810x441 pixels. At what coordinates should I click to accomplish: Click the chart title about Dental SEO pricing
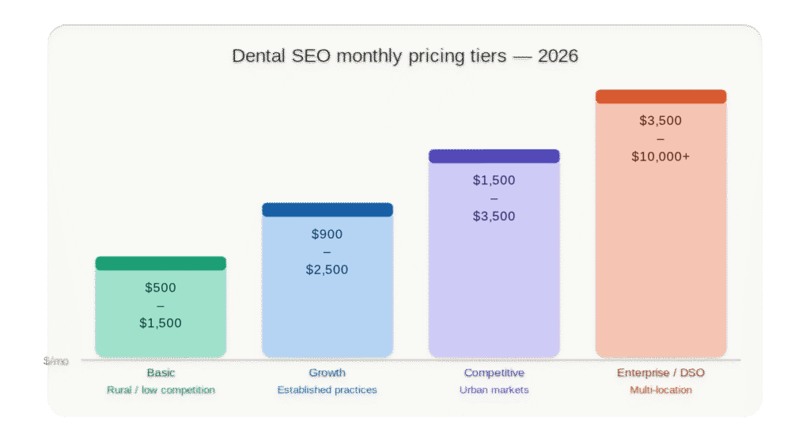tap(404, 56)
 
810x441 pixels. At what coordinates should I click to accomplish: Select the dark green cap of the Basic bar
tap(161, 263)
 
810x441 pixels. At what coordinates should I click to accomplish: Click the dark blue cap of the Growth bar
tap(327, 209)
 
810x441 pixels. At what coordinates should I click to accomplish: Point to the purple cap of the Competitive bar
tap(494, 156)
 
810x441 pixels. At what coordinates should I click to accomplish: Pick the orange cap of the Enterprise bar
tap(660, 96)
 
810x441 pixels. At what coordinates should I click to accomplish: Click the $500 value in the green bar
tap(161, 288)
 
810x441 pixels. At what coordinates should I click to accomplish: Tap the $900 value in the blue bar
tap(327, 234)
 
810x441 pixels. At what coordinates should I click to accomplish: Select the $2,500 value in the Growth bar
tap(327, 269)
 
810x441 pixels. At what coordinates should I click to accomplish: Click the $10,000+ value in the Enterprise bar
tap(660, 156)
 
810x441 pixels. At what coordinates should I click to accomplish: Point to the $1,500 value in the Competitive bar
tap(494, 180)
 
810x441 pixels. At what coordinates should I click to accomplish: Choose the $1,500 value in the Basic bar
tap(161, 322)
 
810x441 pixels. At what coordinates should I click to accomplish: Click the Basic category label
tap(161, 373)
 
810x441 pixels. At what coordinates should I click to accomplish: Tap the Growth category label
tap(327, 373)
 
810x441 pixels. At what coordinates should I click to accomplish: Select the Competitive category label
tap(494, 373)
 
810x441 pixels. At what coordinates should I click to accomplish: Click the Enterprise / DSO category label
tap(660, 373)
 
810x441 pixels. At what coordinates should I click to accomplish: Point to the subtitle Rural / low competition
tap(161, 390)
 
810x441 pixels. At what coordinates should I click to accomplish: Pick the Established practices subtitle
tap(327, 390)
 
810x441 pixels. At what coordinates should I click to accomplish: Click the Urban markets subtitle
tap(494, 390)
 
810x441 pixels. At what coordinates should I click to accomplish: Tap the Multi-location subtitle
tap(660, 390)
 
